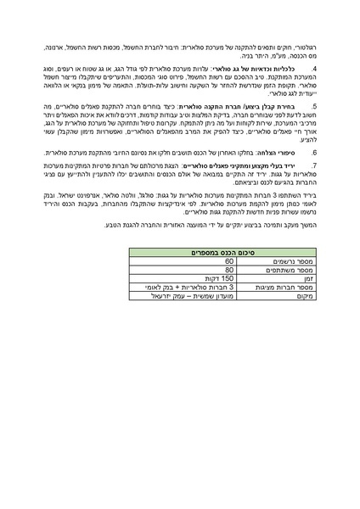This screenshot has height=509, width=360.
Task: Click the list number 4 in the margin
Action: (x=314, y=66)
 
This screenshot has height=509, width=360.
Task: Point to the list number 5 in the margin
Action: (x=314, y=106)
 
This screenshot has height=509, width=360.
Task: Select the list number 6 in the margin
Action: (x=314, y=153)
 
